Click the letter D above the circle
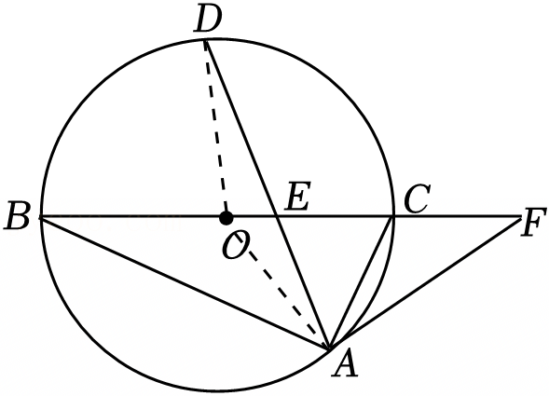click(x=209, y=20)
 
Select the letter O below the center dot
click(x=234, y=245)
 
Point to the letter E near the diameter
click(x=297, y=196)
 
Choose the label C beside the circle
click(x=417, y=198)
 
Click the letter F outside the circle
click(x=533, y=223)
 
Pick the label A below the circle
click(x=345, y=365)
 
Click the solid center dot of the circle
click(x=226, y=218)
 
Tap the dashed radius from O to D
click(x=215, y=129)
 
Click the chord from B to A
click(x=185, y=283)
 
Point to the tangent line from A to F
click(x=425, y=283)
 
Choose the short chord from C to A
click(x=361, y=283)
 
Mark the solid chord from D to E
click(x=241, y=129)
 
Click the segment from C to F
click(x=457, y=217)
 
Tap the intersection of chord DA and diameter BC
click(x=278, y=217)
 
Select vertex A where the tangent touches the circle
click(x=330, y=348)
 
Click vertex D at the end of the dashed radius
click(x=205, y=41)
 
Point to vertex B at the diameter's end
click(x=41, y=217)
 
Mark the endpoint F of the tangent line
click(x=521, y=217)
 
